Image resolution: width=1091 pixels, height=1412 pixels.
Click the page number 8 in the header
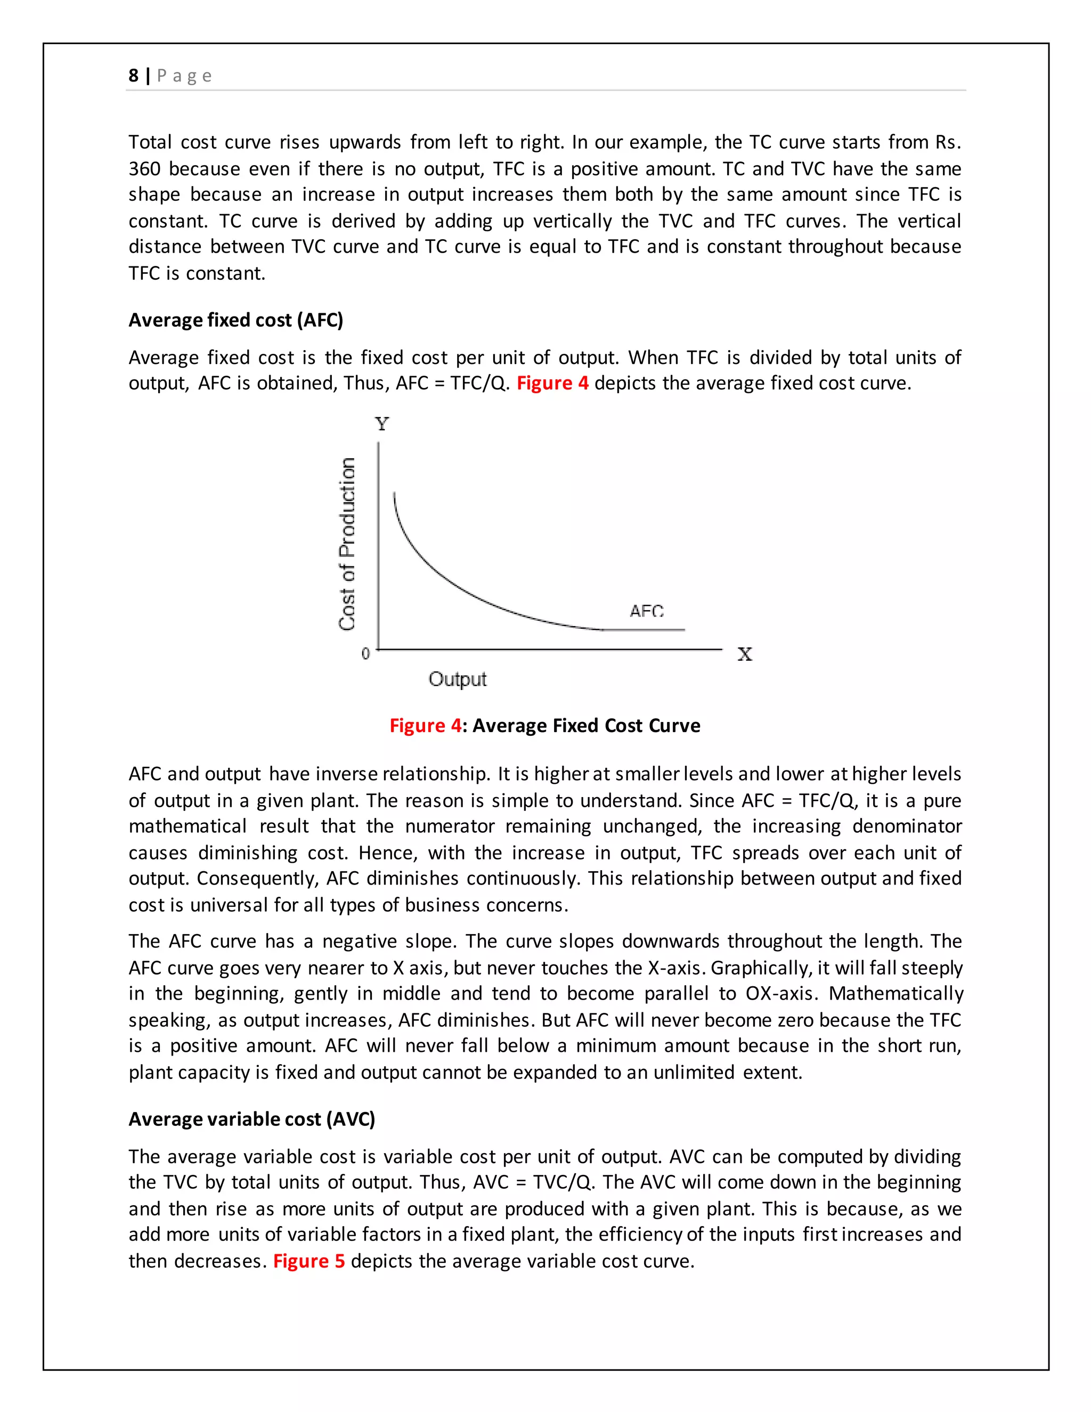click(x=133, y=76)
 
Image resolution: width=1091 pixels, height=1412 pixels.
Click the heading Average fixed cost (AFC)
click(x=235, y=320)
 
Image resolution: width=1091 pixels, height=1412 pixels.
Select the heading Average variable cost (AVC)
click(x=251, y=1119)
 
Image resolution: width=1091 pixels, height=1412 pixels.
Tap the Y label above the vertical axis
click(x=382, y=424)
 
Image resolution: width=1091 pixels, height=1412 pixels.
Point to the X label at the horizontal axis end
click(x=745, y=654)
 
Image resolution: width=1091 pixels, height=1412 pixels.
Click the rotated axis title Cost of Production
click(x=347, y=543)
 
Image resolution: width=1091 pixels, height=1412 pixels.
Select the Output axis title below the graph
click(x=457, y=679)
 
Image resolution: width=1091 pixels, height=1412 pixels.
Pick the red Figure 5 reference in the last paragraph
click(x=308, y=1261)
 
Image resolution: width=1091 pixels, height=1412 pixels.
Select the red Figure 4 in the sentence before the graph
click(x=552, y=384)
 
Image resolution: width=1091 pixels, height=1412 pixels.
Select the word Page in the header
click(x=184, y=76)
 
